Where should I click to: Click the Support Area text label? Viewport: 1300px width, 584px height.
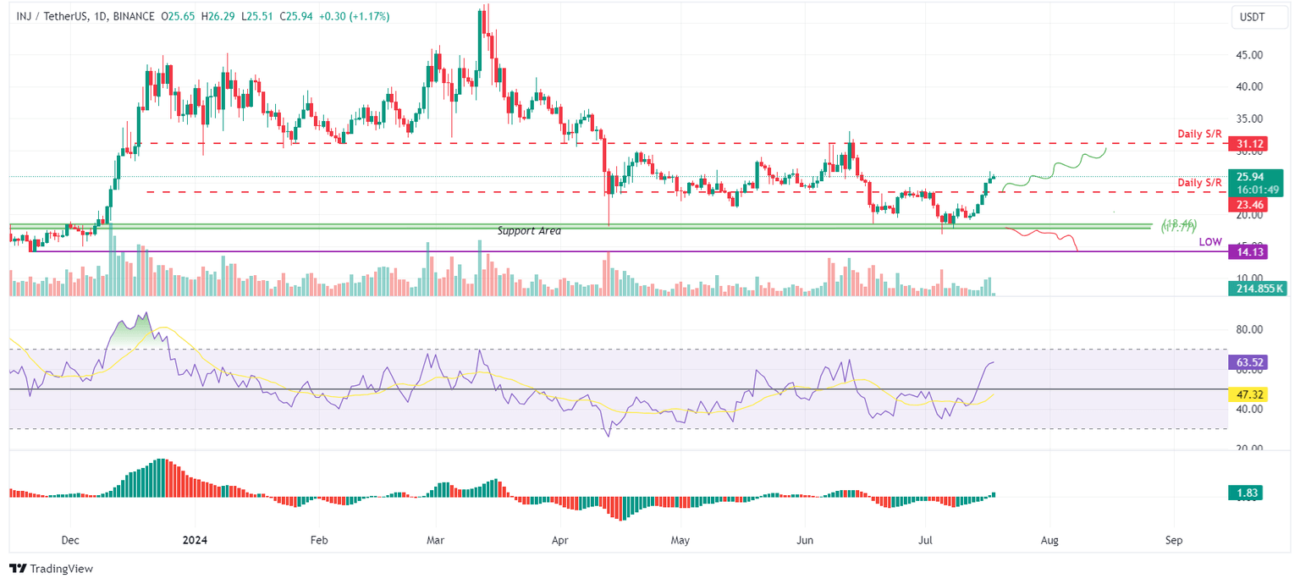click(529, 231)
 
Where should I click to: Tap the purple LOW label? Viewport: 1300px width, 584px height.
click(1210, 242)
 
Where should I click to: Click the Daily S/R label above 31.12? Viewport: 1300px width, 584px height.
click(1199, 135)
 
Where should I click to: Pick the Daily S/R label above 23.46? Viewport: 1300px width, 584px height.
click(1199, 183)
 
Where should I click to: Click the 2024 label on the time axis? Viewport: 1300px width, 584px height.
click(195, 539)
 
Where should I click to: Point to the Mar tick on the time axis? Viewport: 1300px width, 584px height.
click(435, 539)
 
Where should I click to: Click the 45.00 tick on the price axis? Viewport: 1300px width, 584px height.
click(1250, 55)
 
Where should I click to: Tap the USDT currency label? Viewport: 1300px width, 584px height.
click(1252, 16)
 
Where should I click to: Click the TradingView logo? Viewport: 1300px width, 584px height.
click(51, 569)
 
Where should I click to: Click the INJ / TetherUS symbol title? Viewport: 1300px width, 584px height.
click(58, 15)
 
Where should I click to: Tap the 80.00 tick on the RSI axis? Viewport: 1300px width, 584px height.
click(1250, 329)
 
